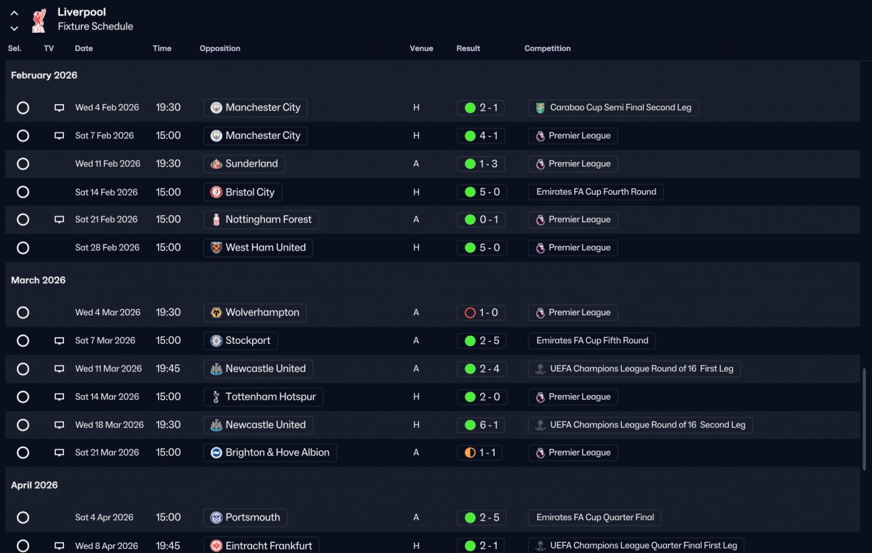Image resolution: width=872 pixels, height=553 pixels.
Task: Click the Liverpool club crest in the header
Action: (x=39, y=20)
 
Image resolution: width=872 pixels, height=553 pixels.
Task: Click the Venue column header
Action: (x=421, y=48)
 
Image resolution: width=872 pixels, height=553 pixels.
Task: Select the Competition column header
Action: (x=547, y=48)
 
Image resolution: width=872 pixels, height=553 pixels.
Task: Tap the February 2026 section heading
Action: (x=44, y=75)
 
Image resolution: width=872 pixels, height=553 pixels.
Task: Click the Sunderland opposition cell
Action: (x=244, y=164)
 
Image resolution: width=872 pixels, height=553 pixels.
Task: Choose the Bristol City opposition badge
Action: (x=216, y=192)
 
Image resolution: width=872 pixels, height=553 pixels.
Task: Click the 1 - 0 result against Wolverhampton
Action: (x=481, y=313)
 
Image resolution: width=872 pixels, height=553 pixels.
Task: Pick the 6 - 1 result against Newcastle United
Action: (x=481, y=424)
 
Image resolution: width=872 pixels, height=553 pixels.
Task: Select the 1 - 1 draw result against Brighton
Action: (x=480, y=453)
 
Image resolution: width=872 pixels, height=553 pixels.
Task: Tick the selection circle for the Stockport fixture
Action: (x=23, y=341)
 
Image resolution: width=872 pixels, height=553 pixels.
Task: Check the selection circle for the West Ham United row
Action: (x=23, y=247)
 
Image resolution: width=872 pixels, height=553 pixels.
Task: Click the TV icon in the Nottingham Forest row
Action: (x=59, y=219)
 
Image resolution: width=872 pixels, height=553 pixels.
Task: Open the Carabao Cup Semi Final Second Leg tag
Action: (x=613, y=108)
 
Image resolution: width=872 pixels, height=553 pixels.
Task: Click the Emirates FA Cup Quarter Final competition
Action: (x=595, y=517)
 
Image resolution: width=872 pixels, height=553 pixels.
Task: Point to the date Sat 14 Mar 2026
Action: (x=107, y=396)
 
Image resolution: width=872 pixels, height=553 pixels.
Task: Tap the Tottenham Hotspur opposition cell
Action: (x=263, y=397)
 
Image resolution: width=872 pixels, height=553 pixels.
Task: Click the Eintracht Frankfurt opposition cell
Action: (x=261, y=546)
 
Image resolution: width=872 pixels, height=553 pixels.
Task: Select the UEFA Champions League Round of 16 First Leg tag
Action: (x=634, y=368)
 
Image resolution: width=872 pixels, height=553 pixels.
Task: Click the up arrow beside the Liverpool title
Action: (x=14, y=13)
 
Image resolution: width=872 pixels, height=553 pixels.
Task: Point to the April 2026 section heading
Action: (x=34, y=486)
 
